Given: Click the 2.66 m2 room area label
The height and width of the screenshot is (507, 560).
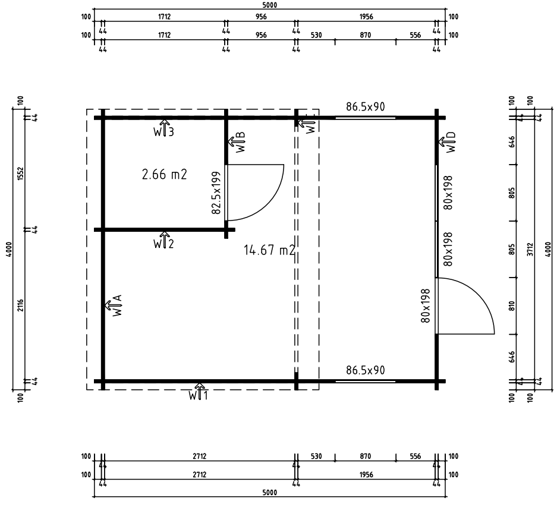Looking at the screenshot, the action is coord(164,175).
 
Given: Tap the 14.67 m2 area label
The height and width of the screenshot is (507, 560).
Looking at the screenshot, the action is coord(270,250).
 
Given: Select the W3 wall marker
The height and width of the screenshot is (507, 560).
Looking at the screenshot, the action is coord(164,128).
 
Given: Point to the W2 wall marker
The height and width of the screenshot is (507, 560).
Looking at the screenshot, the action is coord(164,240).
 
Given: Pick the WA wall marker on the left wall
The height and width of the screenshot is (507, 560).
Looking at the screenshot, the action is coord(114,306).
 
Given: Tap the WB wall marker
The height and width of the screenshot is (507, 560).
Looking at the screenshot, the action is coord(237,142).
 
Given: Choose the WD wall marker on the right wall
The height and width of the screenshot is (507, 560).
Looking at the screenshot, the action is coord(448,142).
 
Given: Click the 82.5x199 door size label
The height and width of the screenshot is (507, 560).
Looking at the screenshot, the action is coord(216,193).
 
